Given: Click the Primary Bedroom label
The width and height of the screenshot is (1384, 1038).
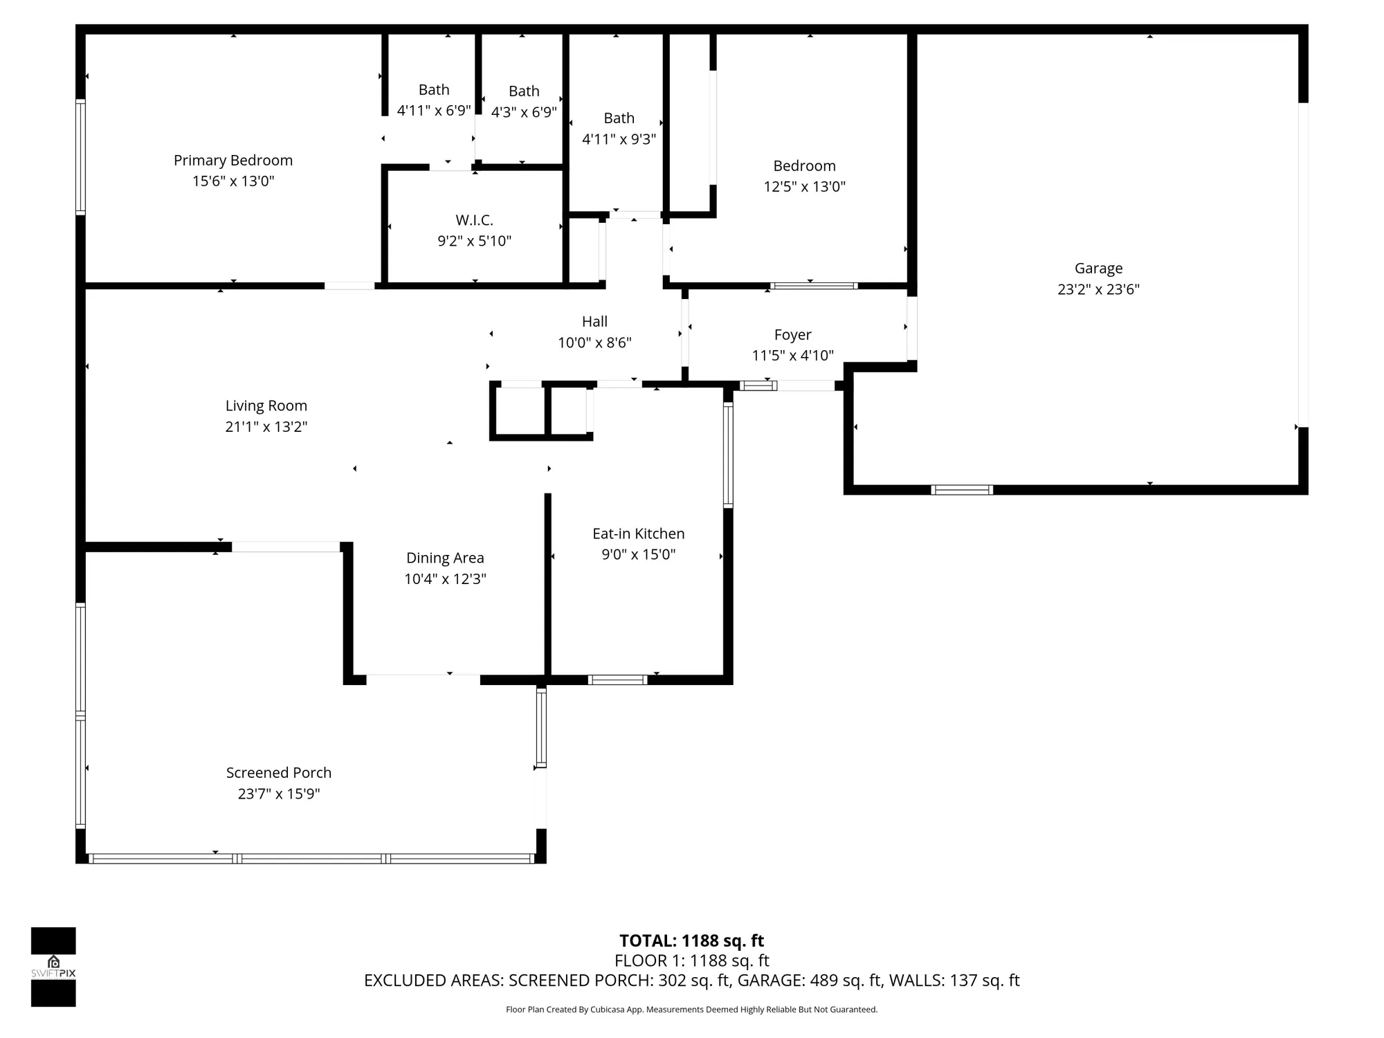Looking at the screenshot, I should coord(233,161).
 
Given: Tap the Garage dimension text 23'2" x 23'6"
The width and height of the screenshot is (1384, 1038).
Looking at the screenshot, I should coord(1098,289).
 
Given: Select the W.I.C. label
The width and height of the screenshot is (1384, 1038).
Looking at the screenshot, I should coord(474,220).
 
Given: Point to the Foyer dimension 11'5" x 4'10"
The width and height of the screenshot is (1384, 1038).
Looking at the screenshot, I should coord(792,355).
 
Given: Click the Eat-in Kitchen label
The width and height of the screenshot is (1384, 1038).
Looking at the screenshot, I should coord(638,534).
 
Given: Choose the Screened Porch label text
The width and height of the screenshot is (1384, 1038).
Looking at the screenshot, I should coord(279,772).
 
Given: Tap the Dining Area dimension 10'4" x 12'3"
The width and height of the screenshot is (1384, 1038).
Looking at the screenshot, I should coord(445,579).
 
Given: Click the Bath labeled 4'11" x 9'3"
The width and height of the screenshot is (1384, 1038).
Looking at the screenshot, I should coord(619,129).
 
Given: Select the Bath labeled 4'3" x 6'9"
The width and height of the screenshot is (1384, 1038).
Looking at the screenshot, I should coord(524,102).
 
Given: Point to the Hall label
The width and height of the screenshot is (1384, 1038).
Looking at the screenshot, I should coord(594,321).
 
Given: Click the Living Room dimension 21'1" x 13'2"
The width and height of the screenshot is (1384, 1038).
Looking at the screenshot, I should coord(266,426).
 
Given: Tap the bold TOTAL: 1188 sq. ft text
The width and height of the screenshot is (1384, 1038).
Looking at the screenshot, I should coord(691,940).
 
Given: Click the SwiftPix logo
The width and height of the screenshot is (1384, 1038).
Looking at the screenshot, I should coord(53,967).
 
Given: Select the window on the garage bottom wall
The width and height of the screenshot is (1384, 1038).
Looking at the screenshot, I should coord(961,490).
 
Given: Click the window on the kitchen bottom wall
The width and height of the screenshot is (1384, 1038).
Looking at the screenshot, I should coord(617,680).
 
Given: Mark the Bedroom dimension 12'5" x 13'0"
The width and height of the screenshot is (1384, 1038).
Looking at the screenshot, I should coord(804,186).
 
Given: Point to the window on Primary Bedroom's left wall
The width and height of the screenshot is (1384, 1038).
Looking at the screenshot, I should coord(80,157).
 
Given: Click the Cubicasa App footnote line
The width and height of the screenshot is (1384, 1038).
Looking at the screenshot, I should coord(691,1010).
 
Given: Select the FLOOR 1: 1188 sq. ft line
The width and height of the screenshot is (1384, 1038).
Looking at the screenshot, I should coord(691,960).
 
